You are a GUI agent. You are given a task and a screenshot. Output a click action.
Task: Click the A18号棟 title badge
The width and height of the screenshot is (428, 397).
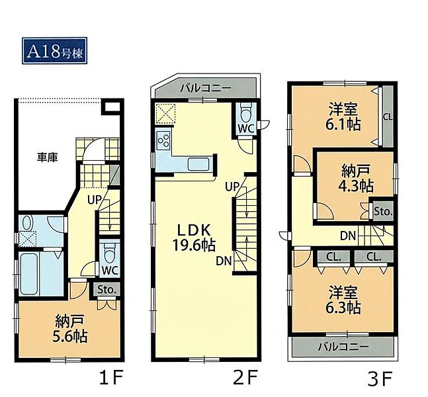55,51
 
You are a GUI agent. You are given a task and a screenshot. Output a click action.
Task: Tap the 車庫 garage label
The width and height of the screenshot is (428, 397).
47,157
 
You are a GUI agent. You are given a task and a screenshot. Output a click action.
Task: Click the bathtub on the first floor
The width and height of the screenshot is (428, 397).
30,274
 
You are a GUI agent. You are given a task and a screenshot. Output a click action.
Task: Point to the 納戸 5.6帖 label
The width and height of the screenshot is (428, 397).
69,329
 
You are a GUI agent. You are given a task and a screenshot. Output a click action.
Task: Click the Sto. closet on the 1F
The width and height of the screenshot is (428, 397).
107,290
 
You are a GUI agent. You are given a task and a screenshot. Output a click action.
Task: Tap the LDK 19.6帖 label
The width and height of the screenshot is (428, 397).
194,238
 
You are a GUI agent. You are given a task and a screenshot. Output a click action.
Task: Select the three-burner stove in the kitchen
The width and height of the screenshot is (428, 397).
164,140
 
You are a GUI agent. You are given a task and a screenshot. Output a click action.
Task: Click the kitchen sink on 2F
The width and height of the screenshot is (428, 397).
198,165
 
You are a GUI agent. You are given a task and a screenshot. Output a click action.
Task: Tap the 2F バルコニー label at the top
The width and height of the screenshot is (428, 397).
206,88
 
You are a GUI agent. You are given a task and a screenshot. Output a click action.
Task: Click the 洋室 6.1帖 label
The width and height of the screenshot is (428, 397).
343,116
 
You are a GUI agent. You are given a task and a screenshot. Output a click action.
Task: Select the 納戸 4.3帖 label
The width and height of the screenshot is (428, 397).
355,179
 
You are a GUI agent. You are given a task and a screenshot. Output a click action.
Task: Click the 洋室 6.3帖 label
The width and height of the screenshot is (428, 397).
343,300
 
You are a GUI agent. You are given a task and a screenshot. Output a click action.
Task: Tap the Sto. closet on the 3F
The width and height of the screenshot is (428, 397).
383,211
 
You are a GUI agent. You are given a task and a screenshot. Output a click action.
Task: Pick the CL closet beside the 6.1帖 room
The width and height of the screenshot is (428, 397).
388,117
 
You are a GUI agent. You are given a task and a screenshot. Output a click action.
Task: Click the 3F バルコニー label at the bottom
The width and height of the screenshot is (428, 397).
343,347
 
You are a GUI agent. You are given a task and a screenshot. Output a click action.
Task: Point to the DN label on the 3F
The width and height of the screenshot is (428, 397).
348,236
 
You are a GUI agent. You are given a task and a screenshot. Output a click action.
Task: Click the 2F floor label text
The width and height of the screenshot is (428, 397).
245,378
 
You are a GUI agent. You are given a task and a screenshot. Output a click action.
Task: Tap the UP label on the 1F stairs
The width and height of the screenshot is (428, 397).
95,200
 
